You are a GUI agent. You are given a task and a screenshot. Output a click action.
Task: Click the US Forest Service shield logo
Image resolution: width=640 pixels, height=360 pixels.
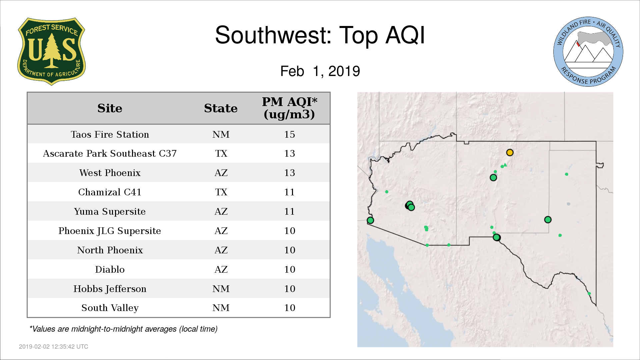[51, 52]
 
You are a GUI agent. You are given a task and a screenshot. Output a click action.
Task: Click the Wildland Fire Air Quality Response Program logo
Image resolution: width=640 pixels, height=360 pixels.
[588, 52]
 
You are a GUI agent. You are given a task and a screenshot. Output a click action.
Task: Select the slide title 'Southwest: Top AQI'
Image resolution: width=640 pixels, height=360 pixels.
[320, 35]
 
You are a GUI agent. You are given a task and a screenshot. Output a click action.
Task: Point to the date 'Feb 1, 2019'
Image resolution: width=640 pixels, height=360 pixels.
[320, 71]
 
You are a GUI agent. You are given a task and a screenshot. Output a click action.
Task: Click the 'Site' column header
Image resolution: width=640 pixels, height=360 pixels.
[110, 108]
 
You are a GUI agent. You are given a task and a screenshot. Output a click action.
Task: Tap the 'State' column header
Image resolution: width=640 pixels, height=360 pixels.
[221, 108]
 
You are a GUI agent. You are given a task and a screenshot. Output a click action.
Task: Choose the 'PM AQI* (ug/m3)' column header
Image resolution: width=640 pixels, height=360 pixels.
[289, 108]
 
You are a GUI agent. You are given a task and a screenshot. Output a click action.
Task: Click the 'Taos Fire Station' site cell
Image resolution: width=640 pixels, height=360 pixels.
[110, 134]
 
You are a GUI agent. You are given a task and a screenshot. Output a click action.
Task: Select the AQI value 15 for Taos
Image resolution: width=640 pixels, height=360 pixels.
[289, 134]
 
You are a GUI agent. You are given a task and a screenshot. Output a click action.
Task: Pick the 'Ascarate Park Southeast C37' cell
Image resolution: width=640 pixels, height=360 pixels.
[110, 153]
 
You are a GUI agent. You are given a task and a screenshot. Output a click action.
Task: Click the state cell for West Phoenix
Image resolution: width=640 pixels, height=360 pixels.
[221, 173]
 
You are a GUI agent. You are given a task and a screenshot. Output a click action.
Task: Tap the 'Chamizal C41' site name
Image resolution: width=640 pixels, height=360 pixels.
[110, 192]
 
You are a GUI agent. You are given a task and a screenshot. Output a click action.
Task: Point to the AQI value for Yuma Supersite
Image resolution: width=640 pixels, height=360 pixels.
[289, 211]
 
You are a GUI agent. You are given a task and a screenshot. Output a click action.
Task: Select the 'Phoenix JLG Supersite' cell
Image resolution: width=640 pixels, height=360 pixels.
[110, 231]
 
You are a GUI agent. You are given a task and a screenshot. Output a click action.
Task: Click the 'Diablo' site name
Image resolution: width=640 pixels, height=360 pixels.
[110, 269]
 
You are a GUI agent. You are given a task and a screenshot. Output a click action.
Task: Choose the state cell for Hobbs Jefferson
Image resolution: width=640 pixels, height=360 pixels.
[221, 289]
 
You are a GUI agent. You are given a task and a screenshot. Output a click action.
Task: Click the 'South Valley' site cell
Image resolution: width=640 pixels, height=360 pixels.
[110, 308]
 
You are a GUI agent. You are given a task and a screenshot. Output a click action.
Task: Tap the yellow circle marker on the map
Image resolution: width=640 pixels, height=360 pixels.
[510, 152]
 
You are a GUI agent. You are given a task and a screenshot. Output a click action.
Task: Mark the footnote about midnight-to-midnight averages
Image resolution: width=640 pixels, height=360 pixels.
[123, 329]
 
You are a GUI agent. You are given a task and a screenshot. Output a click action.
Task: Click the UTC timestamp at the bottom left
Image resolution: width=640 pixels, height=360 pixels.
[54, 347]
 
